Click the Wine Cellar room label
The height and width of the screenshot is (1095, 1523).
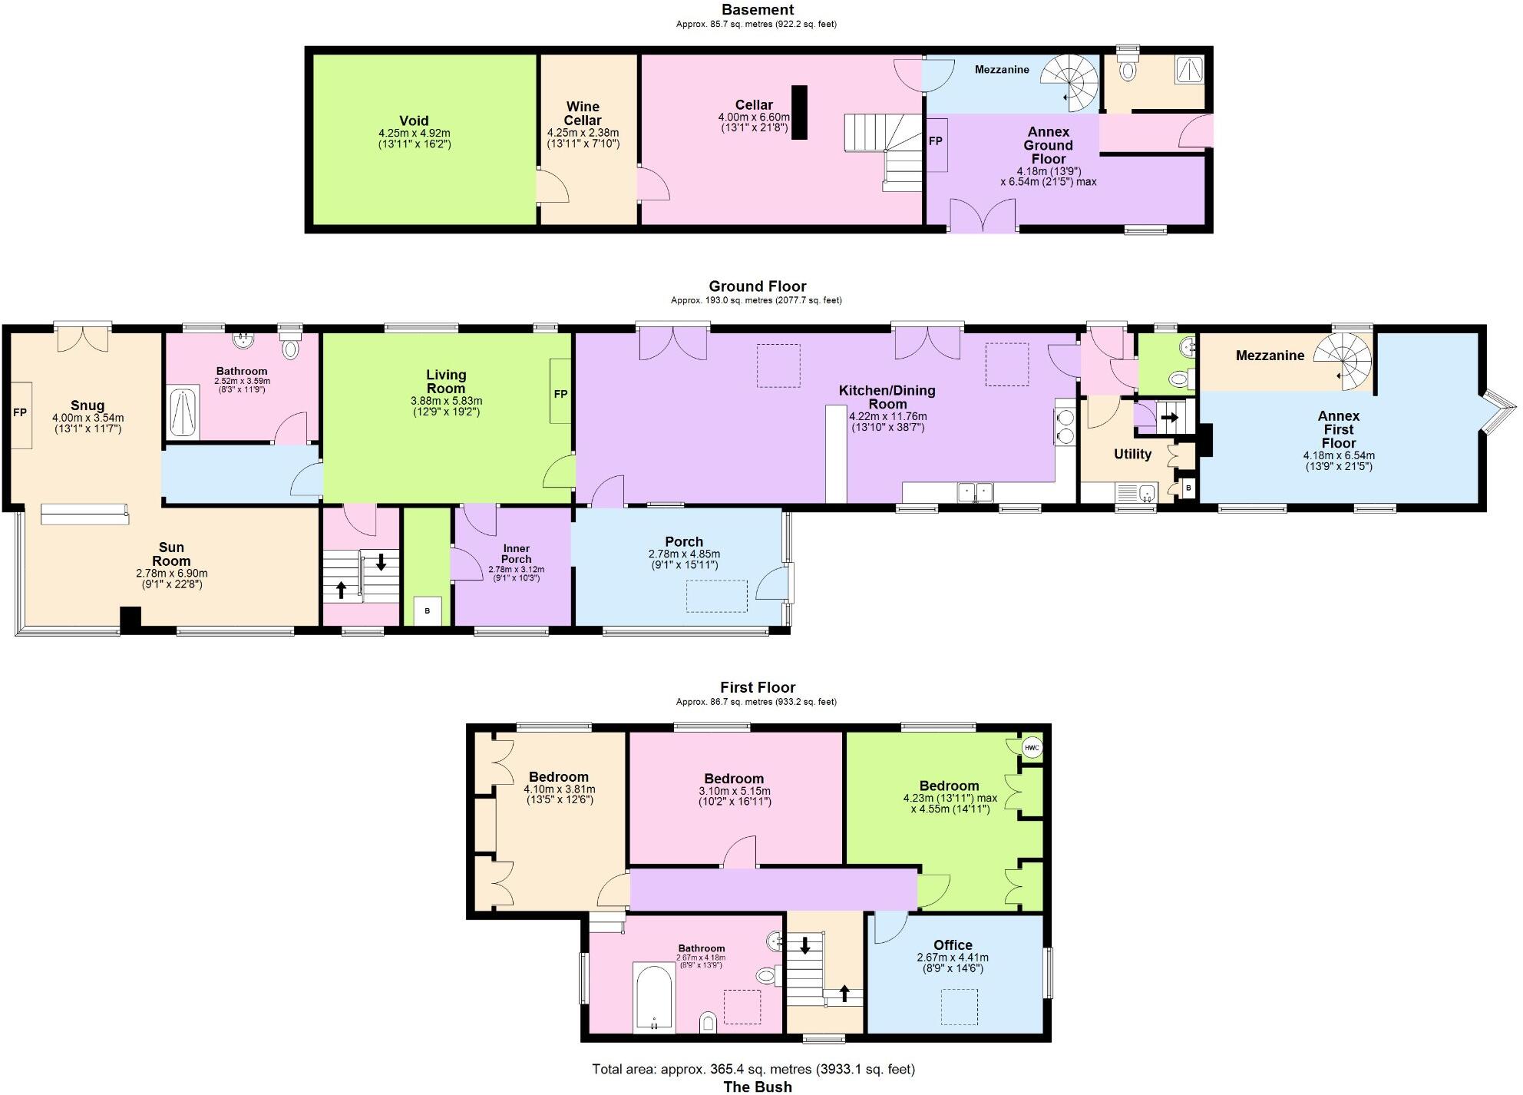click(x=583, y=114)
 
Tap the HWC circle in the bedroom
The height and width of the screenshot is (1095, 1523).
click(x=1032, y=747)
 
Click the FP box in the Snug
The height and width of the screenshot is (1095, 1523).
click(x=21, y=414)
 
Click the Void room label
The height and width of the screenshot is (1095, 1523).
click(x=414, y=121)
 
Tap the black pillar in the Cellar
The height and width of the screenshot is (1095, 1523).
click(x=799, y=112)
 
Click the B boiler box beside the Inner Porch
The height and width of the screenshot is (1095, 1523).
click(x=428, y=611)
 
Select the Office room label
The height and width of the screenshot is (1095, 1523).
click(x=953, y=945)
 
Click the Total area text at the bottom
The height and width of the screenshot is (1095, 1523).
click(x=753, y=1069)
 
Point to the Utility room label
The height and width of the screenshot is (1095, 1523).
click(x=1132, y=454)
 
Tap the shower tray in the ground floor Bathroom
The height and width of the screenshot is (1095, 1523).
click(x=183, y=414)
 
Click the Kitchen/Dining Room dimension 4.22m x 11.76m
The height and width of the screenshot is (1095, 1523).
click(x=887, y=416)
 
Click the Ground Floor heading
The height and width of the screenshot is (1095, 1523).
click(x=757, y=286)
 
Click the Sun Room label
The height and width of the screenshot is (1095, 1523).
click(x=171, y=554)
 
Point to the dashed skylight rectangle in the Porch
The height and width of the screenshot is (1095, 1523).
click(x=716, y=596)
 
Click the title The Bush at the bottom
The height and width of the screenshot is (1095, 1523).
click(x=757, y=1086)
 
